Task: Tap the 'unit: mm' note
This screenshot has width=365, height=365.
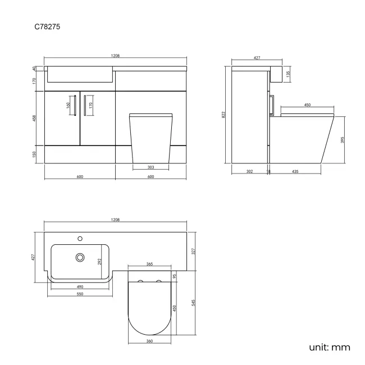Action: [329, 347]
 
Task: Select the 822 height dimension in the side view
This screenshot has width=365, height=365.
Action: [223, 115]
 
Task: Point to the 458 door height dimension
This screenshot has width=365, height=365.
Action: [34, 118]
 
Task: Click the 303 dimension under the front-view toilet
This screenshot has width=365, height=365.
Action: [151, 167]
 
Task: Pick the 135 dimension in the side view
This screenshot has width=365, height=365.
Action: [288, 74]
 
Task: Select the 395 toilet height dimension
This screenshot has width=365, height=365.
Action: [342, 140]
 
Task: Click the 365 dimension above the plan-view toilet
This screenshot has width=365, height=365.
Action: [150, 263]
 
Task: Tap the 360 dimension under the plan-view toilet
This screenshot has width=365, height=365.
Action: [150, 341]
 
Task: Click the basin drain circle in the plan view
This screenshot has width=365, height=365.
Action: [80, 258]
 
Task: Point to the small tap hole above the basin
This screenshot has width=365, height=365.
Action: [80, 238]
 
